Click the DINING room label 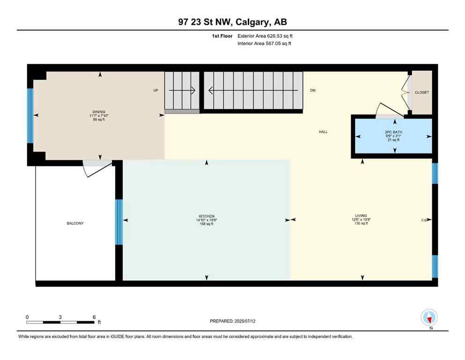[x=99, y=112]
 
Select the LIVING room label [x=361, y=216]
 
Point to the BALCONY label [x=75, y=224]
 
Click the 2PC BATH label [x=393, y=132]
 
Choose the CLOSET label [x=422, y=93]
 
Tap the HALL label [x=323, y=132]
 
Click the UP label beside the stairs [x=156, y=90]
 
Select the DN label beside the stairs [x=312, y=90]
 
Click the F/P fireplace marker [x=424, y=219]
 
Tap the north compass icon [x=429, y=317]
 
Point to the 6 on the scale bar [x=94, y=317]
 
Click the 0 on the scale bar [x=27, y=317]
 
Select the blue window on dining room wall [x=30, y=115]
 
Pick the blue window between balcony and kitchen [x=119, y=222]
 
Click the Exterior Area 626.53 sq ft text [x=266, y=36]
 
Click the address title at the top [x=232, y=22]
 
